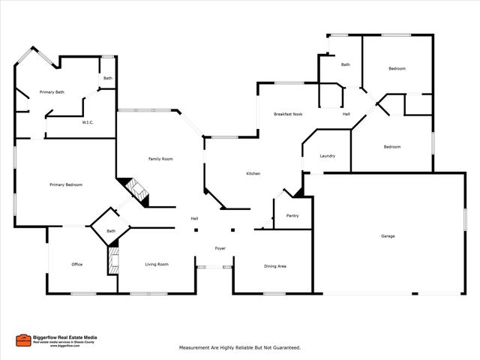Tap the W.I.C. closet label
tap(87, 122)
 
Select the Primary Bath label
tap(52, 92)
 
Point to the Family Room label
tap(160, 159)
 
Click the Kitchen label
tap(253, 174)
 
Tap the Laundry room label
tap(327, 156)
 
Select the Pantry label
tap(292, 216)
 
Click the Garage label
tap(388, 236)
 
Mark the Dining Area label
tap(275, 265)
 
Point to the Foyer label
tap(220, 248)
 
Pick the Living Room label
tap(157, 264)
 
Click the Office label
tap(76, 264)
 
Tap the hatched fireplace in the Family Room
tap(137, 190)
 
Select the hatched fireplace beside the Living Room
tap(113, 260)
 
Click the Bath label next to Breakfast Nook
tap(345, 64)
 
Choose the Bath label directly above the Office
tap(111, 231)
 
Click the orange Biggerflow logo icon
tap(23, 340)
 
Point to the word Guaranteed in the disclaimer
tap(284, 348)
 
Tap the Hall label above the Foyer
tap(194, 218)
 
